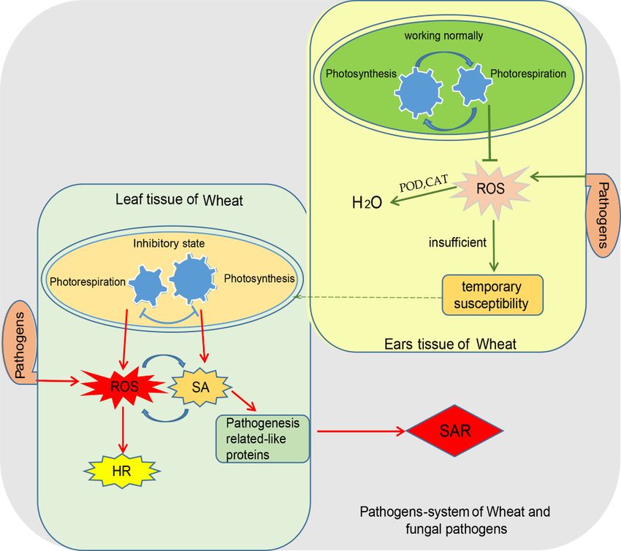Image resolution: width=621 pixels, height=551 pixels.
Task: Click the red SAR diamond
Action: pos(454,431)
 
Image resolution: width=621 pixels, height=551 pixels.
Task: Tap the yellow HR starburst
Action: pos(121,471)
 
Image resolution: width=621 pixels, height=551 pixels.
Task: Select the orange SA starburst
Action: pos(200,387)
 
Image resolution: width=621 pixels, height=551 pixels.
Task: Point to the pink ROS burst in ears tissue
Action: pos(491,188)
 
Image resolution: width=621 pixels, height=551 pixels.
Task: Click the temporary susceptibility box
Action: pos(492,295)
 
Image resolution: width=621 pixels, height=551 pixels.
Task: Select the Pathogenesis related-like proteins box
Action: pos(262,439)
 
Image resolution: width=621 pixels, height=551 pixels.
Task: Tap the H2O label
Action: pos(367,203)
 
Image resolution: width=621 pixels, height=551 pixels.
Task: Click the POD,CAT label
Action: pos(423,183)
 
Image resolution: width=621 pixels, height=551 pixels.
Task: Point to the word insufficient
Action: pos(457,242)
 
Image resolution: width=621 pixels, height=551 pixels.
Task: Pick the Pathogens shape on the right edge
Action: pos(603,215)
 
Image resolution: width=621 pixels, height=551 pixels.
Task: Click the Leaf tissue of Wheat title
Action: pos(179,200)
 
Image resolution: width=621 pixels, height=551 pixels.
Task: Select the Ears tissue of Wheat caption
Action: pos(450,344)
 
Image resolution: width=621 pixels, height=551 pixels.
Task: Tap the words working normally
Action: pos(443,36)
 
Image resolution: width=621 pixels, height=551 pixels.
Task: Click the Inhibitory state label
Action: pos(169,243)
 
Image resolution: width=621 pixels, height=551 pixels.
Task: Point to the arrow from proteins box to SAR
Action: pos(361,431)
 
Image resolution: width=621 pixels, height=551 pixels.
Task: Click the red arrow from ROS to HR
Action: pos(123,430)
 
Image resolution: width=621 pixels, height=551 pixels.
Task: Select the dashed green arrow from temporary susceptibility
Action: pos(367,297)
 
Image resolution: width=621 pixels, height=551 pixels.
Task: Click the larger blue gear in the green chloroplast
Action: pos(419,91)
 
